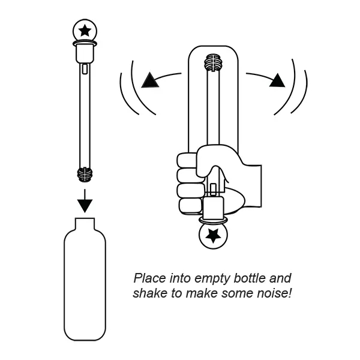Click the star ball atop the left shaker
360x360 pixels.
point(85,29)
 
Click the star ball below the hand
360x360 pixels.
point(213,235)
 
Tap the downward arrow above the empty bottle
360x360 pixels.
point(85,202)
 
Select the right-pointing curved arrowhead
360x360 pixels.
point(277,80)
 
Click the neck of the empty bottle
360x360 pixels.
point(85,226)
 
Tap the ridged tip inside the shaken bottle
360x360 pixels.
point(213,63)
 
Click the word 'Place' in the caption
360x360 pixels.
point(149,279)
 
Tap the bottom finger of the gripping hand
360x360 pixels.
point(190,206)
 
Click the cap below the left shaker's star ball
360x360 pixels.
point(85,53)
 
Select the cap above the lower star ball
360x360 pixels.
point(214,211)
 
